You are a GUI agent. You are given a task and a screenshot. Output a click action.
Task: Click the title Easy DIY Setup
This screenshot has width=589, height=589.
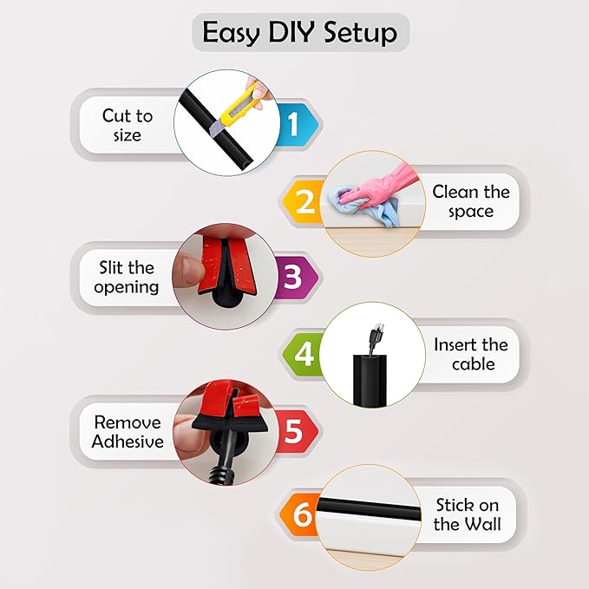299,33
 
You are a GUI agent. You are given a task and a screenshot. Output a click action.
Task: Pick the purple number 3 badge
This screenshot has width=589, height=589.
293,278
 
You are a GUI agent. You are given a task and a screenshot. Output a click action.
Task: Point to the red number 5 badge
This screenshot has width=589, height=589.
293,430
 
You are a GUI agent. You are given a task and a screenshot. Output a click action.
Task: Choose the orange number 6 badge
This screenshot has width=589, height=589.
302,514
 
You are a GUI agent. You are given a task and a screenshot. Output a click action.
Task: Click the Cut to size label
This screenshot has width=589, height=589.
128,125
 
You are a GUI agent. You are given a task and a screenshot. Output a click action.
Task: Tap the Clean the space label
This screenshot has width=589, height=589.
470,201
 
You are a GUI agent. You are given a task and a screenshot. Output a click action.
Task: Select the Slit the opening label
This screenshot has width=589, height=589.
127,277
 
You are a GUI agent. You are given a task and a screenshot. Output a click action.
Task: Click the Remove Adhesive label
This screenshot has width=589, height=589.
128,431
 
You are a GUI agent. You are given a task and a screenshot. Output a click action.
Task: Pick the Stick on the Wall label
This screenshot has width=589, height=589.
467,514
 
